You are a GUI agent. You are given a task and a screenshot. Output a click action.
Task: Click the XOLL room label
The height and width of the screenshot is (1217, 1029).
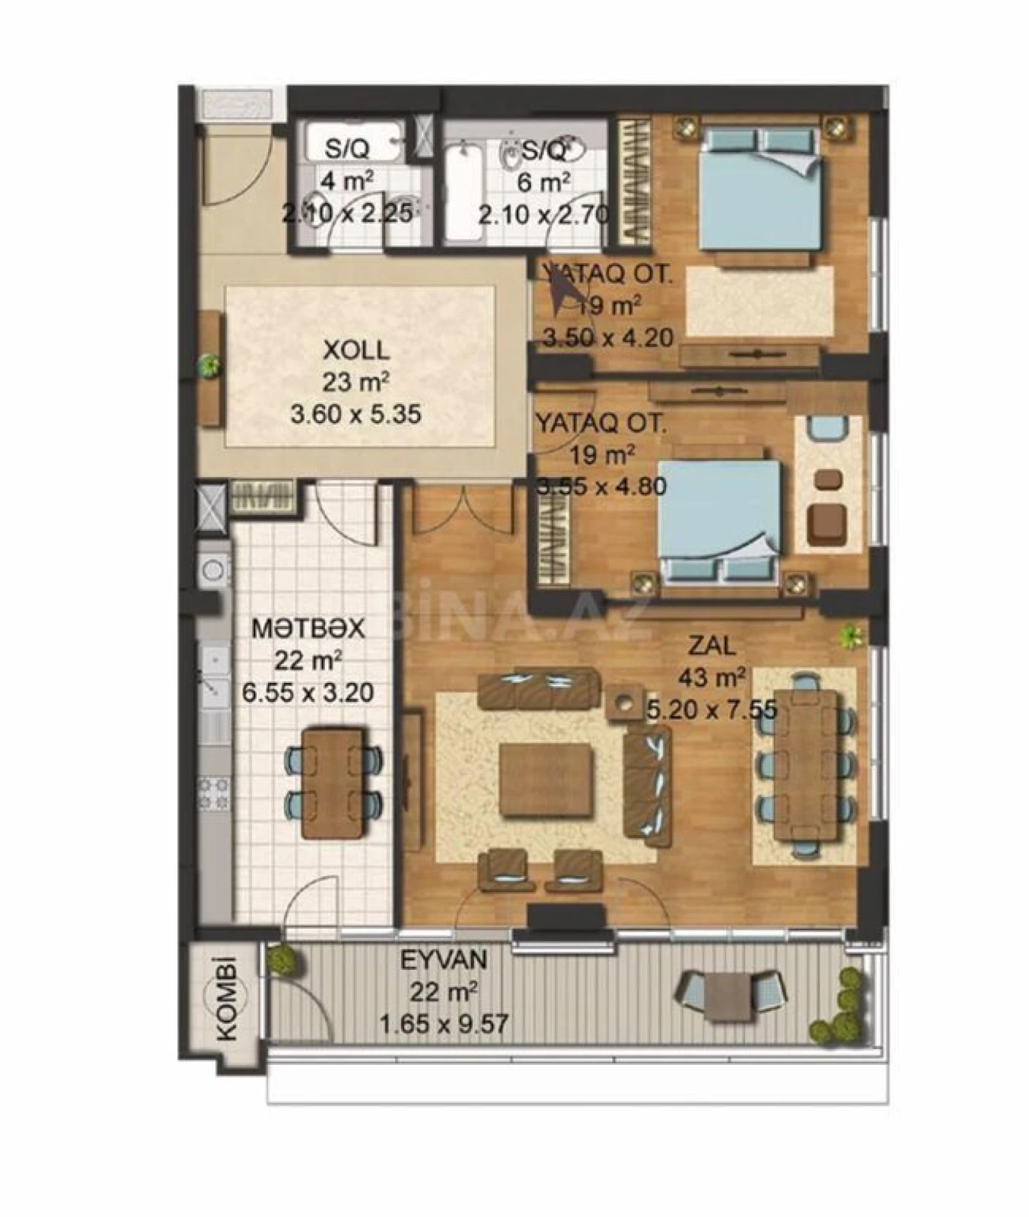(356, 350)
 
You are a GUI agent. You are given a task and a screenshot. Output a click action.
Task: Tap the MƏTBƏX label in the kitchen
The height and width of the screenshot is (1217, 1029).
(308, 629)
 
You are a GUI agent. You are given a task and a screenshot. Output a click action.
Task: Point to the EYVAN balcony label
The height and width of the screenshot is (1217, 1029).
(444, 960)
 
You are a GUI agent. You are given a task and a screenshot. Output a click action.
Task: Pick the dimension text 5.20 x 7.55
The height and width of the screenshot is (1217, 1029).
(712, 710)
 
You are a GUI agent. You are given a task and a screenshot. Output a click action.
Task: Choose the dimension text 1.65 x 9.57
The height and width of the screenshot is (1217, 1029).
(444, 1025)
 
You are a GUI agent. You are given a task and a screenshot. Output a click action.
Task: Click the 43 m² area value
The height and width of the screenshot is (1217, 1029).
(712, 677)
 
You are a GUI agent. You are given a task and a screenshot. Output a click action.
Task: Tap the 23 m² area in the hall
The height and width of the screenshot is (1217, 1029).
(356, 382)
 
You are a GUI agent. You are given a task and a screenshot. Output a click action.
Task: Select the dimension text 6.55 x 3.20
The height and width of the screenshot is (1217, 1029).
(307, 693)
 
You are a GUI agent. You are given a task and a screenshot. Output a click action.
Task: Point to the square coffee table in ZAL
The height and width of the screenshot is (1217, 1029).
(546, 780)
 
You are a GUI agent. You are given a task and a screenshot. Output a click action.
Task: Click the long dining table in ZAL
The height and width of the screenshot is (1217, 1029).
(806, 764)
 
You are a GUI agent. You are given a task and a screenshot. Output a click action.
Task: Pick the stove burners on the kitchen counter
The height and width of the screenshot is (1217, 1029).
(213, 792)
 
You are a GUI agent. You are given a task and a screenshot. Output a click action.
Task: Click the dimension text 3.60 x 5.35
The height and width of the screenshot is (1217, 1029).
(356, 415)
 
